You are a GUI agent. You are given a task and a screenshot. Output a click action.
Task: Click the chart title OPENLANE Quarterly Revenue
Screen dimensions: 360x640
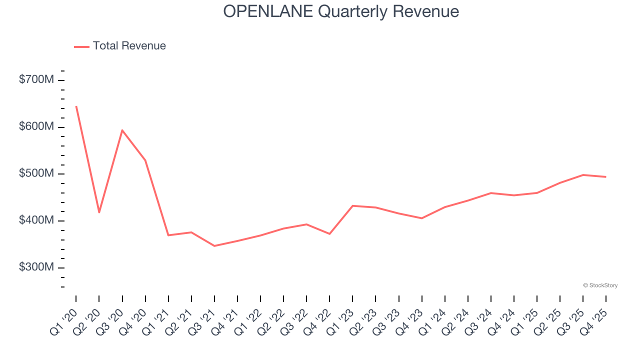point(341,11)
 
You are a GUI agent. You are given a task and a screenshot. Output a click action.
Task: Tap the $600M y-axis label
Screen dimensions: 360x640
point(36,127)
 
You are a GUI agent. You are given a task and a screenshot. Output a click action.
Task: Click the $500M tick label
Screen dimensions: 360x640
point(36,174)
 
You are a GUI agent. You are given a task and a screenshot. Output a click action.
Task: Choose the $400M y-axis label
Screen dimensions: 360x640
point(36,221)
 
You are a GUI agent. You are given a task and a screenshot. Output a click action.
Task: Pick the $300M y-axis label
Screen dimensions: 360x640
point(36,267)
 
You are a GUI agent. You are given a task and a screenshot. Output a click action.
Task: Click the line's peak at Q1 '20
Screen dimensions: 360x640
point(76,106)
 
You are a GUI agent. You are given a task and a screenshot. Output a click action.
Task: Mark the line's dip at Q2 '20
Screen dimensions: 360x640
point(99,212)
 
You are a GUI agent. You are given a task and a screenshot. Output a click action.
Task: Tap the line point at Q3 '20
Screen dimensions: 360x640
point(122,130)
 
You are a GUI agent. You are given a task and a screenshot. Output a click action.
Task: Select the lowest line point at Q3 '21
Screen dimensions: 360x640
point(214,246)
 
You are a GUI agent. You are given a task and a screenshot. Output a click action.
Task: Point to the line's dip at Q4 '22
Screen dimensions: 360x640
point(329,234)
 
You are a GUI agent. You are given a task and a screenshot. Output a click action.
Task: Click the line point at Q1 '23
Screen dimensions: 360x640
point(352,205)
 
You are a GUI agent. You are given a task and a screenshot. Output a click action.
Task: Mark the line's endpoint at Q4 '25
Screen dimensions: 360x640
point(606,177)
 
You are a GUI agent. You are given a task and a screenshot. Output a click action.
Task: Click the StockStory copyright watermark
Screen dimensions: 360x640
point(600,285)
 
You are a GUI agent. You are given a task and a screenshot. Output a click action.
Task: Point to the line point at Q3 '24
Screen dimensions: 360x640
point(491,193)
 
